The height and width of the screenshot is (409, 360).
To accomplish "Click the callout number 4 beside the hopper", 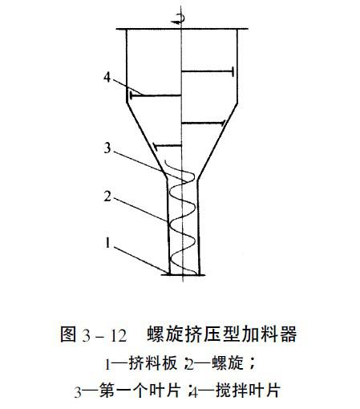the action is point(107,78).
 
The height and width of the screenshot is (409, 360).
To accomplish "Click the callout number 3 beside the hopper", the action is point(107,148).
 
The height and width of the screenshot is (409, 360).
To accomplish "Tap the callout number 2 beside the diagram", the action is point(107,196).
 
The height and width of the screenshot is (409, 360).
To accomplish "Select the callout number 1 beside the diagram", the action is point(107,243).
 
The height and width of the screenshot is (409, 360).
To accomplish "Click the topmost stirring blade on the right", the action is point(208,71).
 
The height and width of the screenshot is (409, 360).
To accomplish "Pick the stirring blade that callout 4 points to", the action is point(156,95).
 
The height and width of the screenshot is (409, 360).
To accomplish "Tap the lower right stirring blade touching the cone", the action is point(204,123).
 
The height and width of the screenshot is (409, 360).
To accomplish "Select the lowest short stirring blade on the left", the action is point(168,146).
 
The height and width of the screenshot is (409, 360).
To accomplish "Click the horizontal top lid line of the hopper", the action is point(182,29).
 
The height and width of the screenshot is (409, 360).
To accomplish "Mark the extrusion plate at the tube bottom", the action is point(183,274).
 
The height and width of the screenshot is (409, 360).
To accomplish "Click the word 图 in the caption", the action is point(68,334).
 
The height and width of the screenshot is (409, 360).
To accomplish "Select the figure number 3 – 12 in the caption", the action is point(104,335).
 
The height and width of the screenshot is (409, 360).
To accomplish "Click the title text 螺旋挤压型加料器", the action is point(221,334).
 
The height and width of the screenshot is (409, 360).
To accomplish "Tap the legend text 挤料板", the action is point(153,363).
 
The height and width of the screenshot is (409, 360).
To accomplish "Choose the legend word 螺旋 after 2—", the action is point(228,363).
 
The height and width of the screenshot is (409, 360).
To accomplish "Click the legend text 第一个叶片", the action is point(140,391).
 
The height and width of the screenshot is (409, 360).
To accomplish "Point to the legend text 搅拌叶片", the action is point(248,391).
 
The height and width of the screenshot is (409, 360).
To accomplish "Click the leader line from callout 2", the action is point(141,209).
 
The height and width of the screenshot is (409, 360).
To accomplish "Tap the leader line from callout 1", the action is point(141,260).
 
